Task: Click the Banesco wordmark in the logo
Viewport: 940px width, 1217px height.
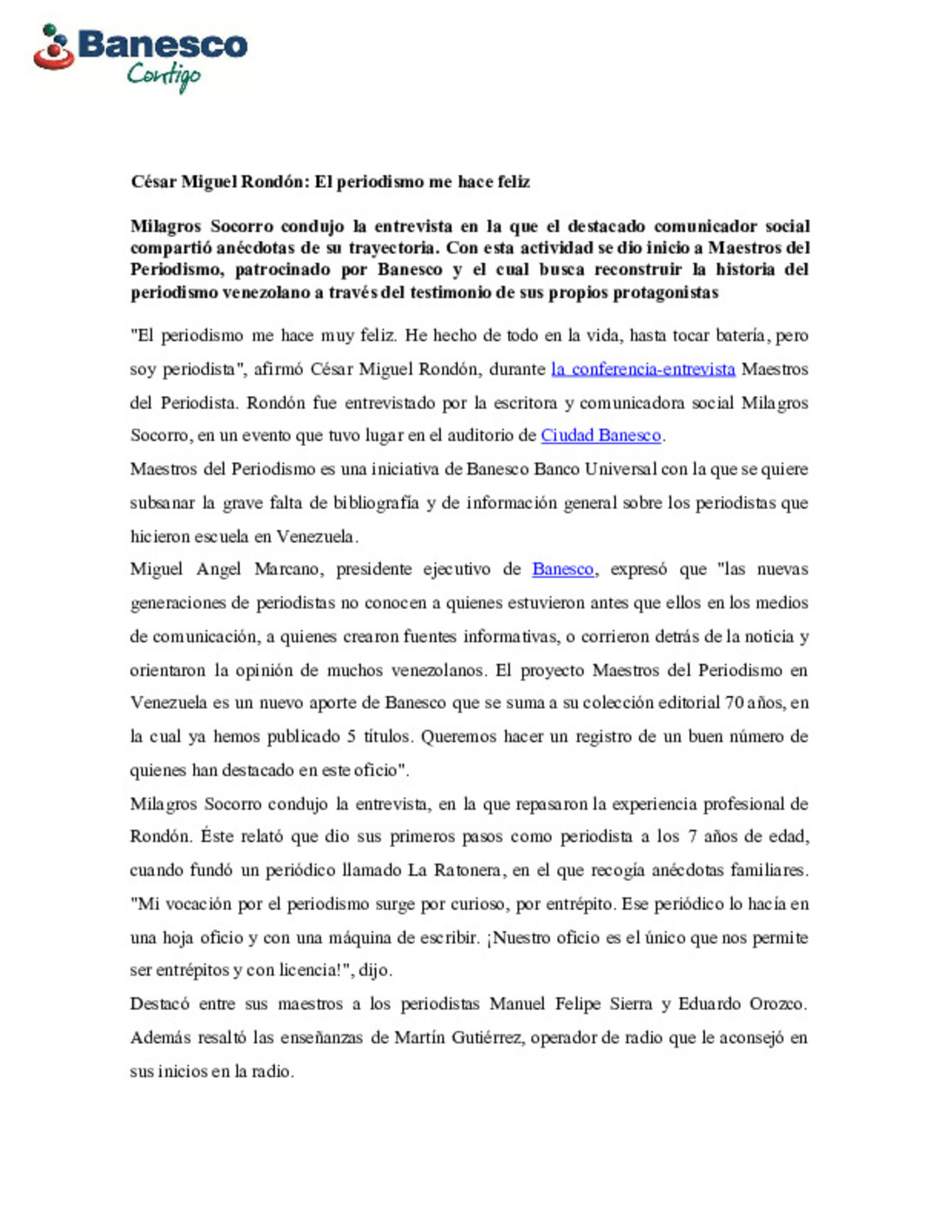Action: pos(163,44)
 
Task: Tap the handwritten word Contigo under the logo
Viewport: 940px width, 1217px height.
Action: pos(164,77)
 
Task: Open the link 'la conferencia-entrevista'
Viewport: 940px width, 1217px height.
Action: pos(643,369)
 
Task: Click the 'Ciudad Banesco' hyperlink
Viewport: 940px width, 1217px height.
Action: pos(601,435)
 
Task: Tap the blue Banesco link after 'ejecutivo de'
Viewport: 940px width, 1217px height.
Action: pos(563,569)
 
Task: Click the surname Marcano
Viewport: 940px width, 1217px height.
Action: pos(286,569)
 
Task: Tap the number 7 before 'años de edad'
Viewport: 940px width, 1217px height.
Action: pos(692,837)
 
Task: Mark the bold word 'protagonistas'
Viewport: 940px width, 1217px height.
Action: pos(666,292)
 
